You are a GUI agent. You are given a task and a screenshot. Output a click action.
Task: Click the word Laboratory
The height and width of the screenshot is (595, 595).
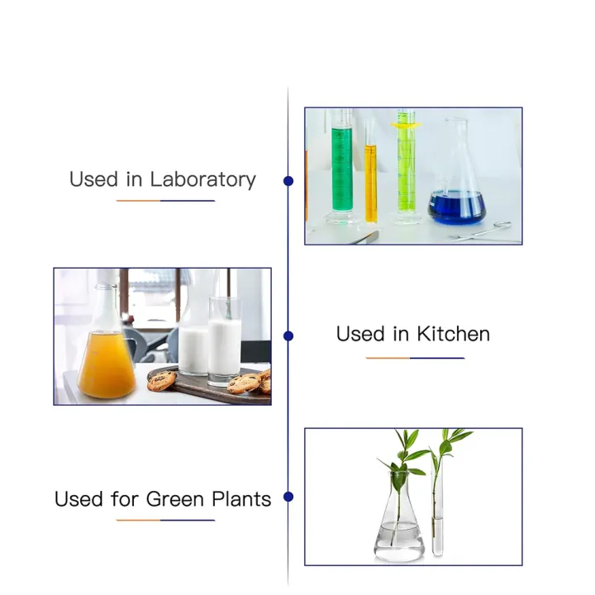coord(203,179)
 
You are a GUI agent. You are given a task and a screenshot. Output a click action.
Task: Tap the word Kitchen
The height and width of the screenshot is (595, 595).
coord(453,335)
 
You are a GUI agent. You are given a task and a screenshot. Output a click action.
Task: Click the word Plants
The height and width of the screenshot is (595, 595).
coord(240,499)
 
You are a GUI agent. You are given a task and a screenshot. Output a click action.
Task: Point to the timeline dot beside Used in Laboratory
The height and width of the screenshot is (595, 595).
coord(288,180)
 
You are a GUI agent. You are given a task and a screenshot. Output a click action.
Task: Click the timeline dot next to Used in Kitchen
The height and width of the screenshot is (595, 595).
coord(288,336)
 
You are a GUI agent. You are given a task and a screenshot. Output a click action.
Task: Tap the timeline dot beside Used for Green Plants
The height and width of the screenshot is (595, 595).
coord(288,497)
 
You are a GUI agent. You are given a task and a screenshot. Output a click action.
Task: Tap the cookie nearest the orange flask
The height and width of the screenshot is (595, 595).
coord(162,379)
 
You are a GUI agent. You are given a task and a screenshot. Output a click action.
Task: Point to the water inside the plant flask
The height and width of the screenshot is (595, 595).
coord(399,537)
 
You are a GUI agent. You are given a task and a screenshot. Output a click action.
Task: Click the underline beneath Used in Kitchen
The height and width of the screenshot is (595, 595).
coord(415,358)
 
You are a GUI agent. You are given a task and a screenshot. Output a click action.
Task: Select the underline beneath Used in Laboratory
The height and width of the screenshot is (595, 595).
coord(165,201)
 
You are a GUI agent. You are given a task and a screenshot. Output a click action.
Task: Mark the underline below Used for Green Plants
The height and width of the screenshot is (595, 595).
coord(165,521)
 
